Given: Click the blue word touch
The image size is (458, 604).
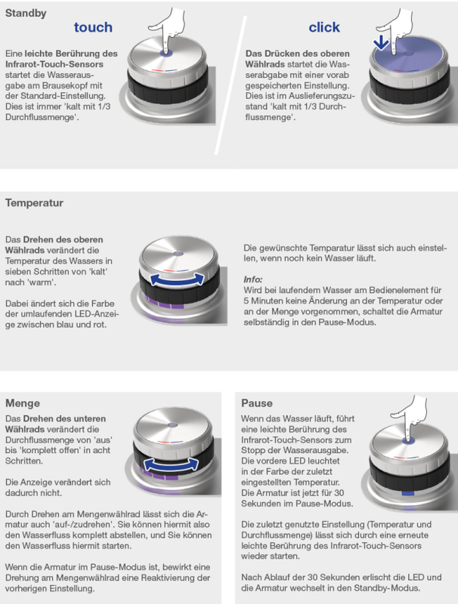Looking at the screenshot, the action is [93, 27].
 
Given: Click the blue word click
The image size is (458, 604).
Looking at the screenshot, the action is [324, 27].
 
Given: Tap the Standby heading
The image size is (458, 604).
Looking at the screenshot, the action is [26, 13].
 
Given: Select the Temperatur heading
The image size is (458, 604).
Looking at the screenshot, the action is [34, 202].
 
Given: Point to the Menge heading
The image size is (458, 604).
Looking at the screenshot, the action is [23, 403].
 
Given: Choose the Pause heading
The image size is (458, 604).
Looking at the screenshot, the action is [257, 403].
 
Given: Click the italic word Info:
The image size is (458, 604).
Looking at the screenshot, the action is [253, 279].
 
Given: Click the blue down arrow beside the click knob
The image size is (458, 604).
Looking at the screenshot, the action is [381, 42].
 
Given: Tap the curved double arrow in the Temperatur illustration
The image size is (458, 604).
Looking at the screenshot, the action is [177, 280].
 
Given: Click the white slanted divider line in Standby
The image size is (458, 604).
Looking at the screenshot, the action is [231, 85].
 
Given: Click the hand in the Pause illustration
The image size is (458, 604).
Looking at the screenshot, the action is [410, 418].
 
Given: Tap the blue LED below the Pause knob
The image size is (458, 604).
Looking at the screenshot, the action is [407, 493].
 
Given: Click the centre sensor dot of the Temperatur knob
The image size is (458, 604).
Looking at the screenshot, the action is [178, 254].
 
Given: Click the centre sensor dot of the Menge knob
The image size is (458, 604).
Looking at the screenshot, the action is [173, 425].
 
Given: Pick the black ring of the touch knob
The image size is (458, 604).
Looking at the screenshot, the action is [168, 88].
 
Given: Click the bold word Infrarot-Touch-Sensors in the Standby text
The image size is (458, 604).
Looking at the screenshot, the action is [54, 64].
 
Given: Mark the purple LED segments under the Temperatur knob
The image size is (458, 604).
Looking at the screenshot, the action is [165, 303].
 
